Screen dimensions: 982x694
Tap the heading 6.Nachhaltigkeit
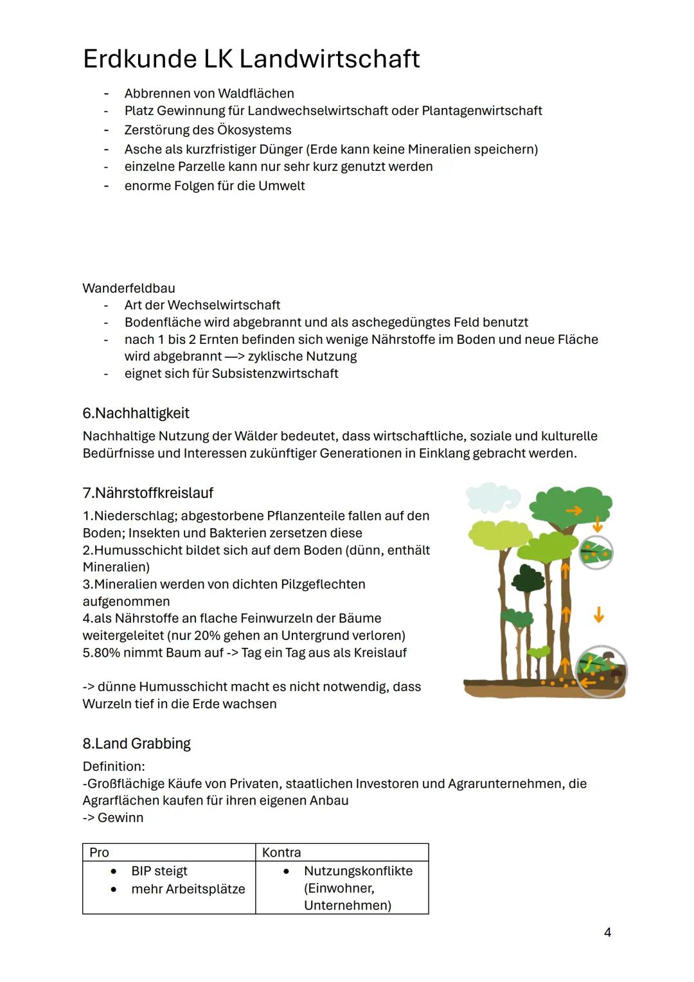click(136, 413)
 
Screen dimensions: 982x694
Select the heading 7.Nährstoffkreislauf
click(148, 493)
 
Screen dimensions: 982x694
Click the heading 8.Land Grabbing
click(137, 744)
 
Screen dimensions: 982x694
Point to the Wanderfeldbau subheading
click(129, 288)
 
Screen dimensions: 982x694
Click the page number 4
click(607, 933)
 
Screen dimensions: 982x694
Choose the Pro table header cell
click(100, 852)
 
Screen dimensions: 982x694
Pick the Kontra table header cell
click(281, 852)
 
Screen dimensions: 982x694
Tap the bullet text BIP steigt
click(159, 871)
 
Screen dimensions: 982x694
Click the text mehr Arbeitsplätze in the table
click(188, 889)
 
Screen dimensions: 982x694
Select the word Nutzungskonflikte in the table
click(358, 871)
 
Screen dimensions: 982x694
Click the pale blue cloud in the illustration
click(492, 496)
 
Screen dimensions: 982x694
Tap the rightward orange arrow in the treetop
click(574, 510)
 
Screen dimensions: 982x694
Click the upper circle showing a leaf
click(596, 551)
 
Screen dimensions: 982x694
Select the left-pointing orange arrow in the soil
click(587, 681)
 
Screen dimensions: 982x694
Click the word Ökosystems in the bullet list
click(254, 130)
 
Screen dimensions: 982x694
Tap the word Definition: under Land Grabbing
click(114, 766)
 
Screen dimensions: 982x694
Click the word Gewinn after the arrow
click(121, 817)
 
